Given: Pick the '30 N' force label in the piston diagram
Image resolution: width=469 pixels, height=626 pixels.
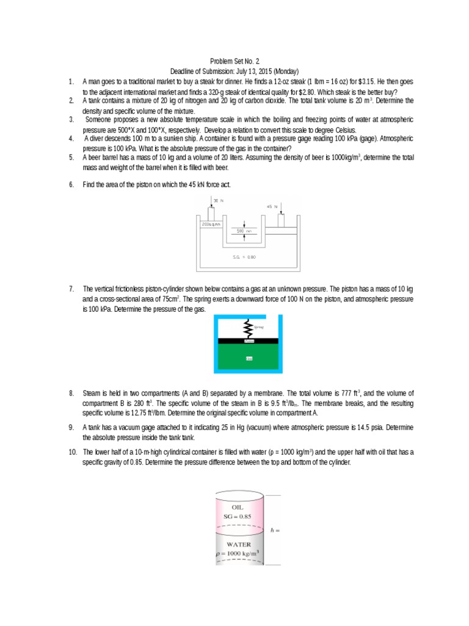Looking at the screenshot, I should pyautogui.click(x=217, y=200).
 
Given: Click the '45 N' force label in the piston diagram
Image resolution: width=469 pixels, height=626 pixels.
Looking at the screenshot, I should pyautogui.click(x=272, y=207).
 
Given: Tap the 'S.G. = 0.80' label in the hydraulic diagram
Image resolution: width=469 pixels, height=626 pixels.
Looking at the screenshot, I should pyautogui.click(x=244, y=257).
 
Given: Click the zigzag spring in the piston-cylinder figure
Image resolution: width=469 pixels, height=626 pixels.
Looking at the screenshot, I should pyautogui.click(x=249, y=326).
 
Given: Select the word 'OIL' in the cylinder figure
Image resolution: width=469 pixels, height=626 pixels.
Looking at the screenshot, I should pyautogui.click(x=238, y=507).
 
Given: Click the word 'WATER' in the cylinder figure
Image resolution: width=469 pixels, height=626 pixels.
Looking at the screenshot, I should pyautogui.click(x=239, y=543).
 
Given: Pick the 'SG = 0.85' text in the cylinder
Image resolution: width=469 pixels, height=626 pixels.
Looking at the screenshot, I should pyautogui.click(x=238, y=517).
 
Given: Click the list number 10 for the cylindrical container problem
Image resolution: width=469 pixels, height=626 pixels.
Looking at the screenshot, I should pyautogui.click(x=71, y=452).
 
